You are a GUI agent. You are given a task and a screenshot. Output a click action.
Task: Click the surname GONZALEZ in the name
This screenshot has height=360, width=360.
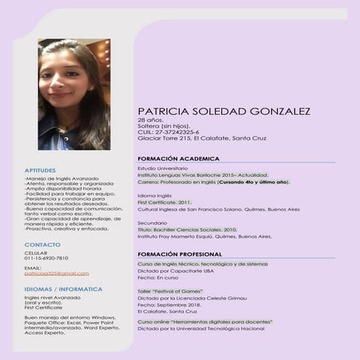click(270, 111)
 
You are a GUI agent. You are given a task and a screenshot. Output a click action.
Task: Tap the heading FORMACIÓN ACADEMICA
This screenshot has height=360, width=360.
click(177, 158)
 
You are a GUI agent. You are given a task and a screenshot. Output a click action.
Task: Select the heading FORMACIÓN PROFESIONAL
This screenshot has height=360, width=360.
click(180, 254)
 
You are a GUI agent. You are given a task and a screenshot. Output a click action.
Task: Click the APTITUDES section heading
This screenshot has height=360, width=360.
click(39, 170)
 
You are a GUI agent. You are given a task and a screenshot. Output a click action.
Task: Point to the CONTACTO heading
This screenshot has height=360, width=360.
click(42, 244)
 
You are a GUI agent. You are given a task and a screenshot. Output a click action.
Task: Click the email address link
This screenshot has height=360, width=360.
click(56, 273)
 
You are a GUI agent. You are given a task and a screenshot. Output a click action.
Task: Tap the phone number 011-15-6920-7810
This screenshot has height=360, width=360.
click(46, 258)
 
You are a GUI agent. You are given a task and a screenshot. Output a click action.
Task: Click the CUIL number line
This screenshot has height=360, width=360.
click(168, 132)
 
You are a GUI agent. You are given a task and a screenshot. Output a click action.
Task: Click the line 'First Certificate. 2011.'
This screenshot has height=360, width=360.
click(164, 202)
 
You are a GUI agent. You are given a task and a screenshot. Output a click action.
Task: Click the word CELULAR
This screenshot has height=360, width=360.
click(35, 252)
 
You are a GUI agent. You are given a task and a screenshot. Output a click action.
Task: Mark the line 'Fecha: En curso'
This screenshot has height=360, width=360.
click(158, 277)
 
